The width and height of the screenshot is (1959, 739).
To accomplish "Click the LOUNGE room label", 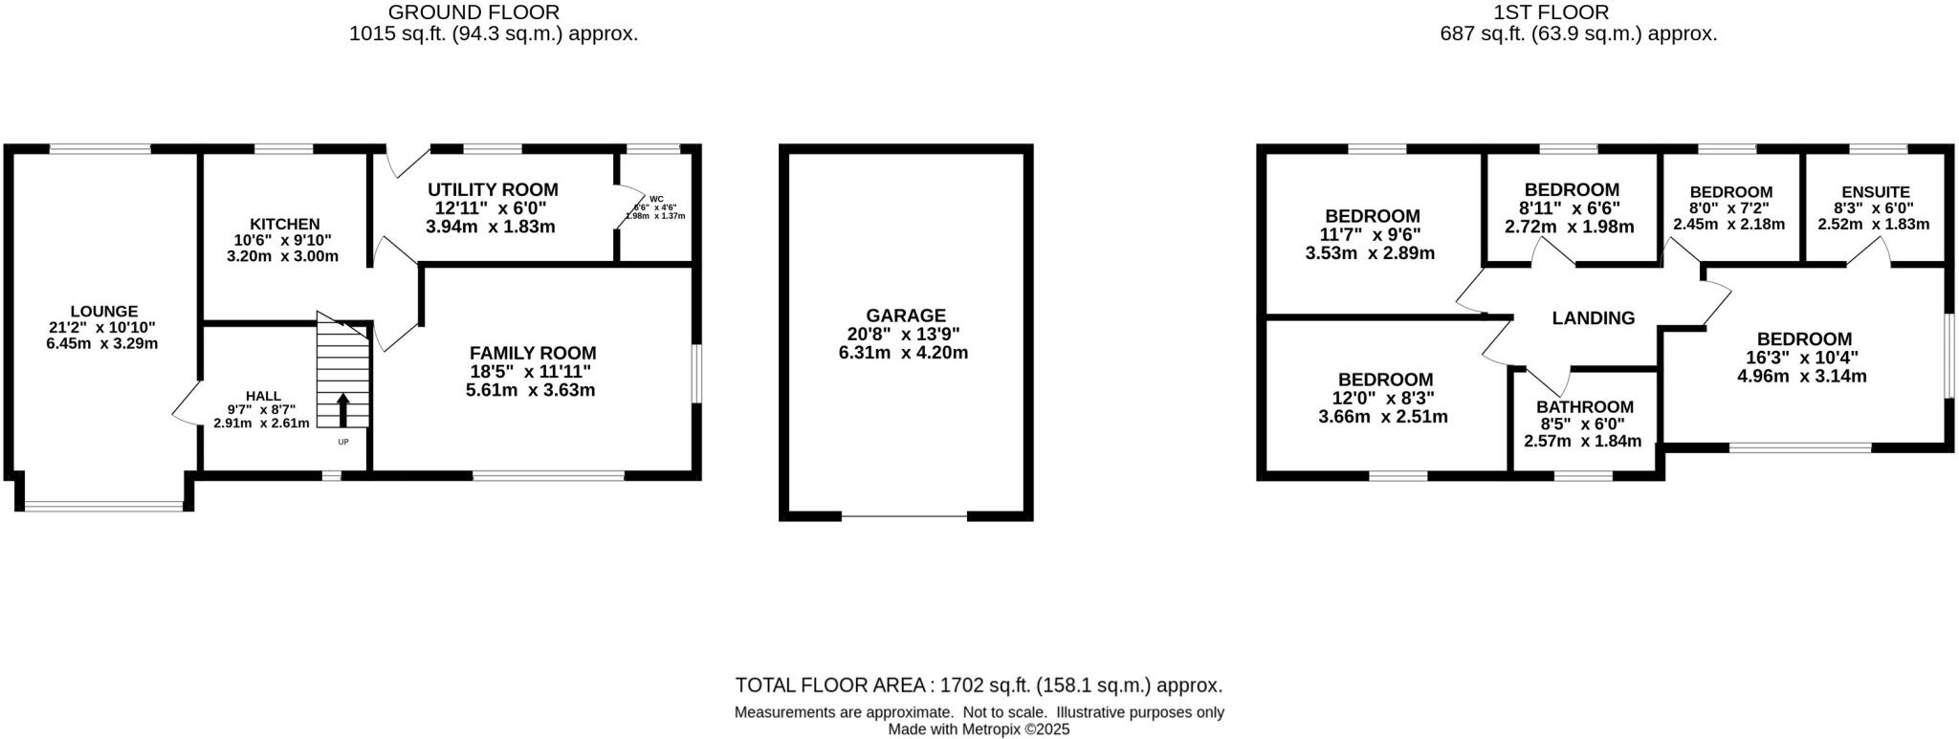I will click(103, 311).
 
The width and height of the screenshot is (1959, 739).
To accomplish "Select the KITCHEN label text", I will click(285, 224).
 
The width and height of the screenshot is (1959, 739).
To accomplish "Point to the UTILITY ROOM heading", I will click(493, 189).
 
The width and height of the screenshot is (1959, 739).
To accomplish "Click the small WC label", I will click(656, 199).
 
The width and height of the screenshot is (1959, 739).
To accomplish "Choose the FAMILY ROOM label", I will click(533, 353).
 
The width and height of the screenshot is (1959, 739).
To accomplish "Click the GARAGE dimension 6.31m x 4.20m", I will click(903, 352).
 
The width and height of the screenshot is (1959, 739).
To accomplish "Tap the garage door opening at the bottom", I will click(904, 516).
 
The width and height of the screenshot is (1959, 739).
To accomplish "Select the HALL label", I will click(263, 395).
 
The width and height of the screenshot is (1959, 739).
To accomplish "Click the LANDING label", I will click(1593, 318).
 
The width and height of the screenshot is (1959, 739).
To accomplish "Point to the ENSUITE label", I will click(1875, 192).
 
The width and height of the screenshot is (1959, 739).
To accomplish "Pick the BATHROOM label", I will click(1585, 406).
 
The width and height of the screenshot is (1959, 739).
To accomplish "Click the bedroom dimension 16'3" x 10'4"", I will click(1802, 358).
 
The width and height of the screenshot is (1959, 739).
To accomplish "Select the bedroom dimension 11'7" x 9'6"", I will click(1371, 234).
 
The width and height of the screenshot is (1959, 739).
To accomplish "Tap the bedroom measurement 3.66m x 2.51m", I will click(1383, 416).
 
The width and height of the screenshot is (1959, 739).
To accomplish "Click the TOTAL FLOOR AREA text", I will click(978, 685).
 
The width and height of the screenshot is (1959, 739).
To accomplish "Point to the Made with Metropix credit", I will click(978, 729).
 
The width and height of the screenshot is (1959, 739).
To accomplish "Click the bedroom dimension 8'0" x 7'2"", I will click(1729, 208).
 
